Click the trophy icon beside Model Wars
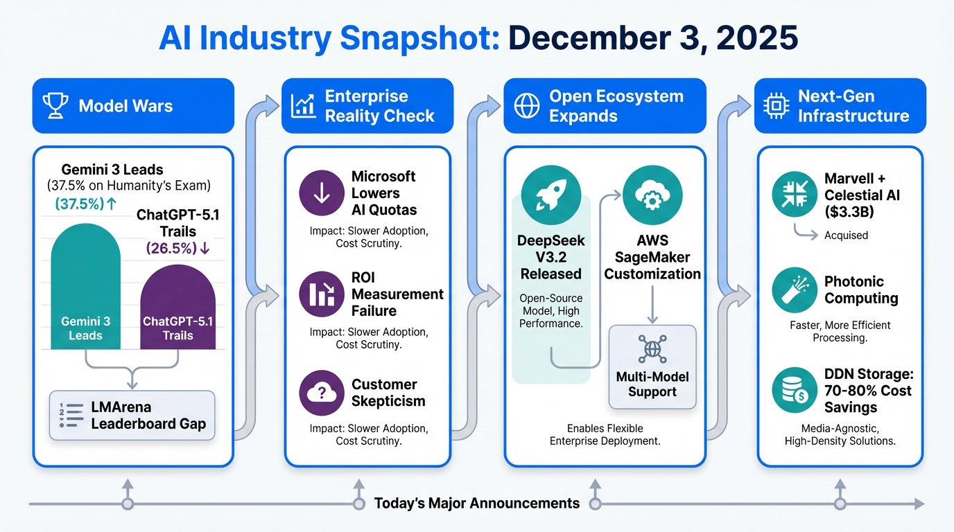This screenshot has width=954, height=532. [55, 105]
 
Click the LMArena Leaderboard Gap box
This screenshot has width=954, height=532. [132, 416]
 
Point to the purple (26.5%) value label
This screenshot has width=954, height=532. [177, 248]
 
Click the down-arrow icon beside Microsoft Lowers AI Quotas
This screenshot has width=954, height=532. [322, 193]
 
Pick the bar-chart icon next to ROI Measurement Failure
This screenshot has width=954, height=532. [322, 294]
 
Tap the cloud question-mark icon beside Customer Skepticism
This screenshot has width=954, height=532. [322, 393]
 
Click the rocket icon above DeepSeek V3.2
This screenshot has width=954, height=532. [551, 195]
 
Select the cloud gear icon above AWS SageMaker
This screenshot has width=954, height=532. [652, 195]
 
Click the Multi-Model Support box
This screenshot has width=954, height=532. [652, 367]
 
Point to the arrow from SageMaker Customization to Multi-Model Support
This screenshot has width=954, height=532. [652, 304]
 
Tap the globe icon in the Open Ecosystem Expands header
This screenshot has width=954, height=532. [527, 105]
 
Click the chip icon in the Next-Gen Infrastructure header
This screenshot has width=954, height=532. [776, 105]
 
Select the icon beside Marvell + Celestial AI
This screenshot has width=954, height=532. [795, 194]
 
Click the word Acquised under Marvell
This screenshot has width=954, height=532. [846, 236]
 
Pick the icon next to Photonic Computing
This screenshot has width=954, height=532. [795, 290]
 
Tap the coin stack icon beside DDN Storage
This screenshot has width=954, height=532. [795, 390]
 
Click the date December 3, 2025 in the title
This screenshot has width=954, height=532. [653, 38]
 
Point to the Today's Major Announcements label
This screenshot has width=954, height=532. [477, 504]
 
